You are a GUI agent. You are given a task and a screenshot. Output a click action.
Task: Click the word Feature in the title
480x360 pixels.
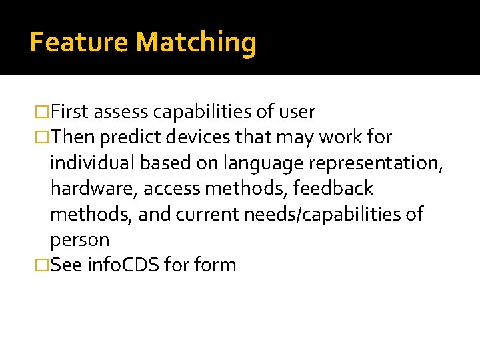(79, 42)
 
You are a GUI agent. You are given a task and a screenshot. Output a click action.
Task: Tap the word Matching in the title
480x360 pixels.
(196, 43)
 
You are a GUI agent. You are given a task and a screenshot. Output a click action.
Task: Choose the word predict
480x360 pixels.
(131, 137)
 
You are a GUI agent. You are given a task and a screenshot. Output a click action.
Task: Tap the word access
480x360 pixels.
(171, 189)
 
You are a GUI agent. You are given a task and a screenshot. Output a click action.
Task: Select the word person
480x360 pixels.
(79, 240)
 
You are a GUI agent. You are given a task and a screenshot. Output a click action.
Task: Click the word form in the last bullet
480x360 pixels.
(218, 265)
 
